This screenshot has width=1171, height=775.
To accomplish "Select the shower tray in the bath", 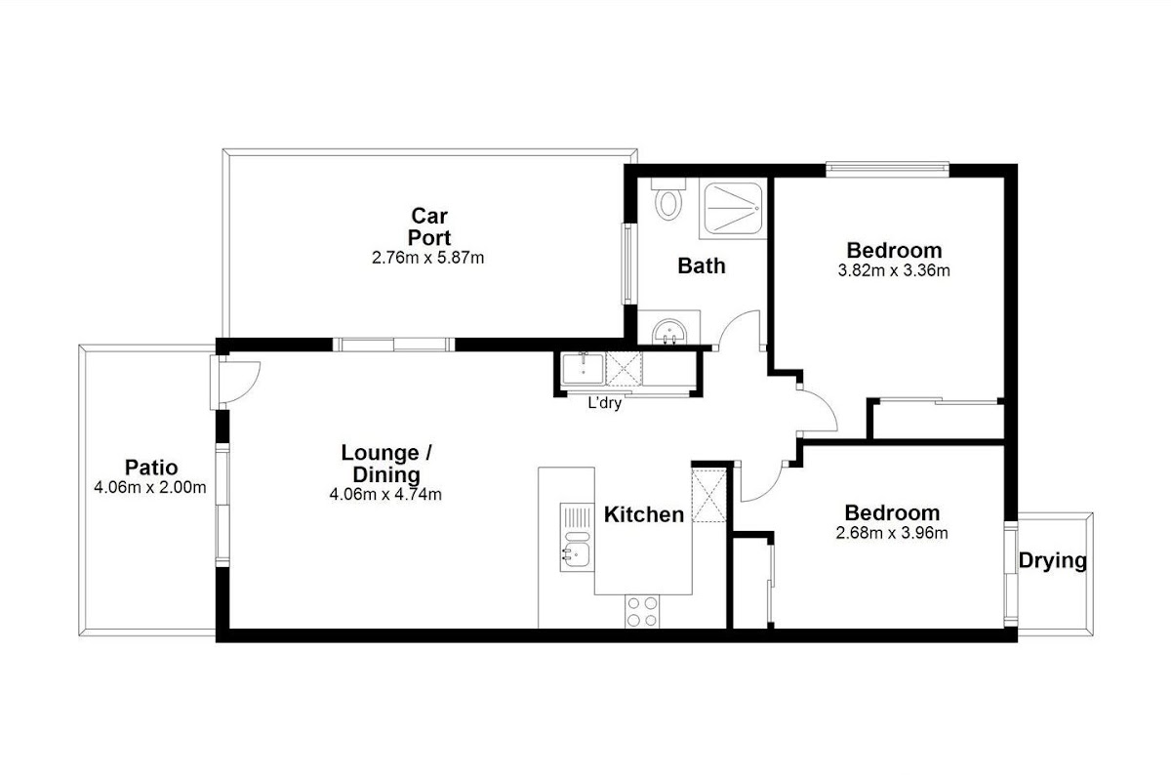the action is tap(733, 208).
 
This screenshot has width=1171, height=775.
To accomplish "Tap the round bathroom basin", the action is tap(669, 332).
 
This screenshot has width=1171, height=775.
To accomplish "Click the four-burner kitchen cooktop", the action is tap(642, 611).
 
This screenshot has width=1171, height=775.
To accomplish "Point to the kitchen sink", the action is tap(577, 537).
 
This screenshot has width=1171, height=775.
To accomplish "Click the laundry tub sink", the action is tap(584, 368).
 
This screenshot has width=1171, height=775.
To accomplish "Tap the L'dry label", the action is tap(605, 403).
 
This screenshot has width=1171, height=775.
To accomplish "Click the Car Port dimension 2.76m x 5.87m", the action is tap(427, 258).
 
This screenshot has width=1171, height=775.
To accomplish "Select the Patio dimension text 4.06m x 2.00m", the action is tap(150, 487).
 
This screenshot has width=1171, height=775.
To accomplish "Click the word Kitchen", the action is tap(644, 514).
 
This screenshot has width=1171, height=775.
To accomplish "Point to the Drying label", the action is tap(1052, 561).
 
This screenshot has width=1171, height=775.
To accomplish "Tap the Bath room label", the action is tap(702, 265).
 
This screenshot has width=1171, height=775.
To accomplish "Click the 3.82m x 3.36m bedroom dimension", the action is tap(894, 271).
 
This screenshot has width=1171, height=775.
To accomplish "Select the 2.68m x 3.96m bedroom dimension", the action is tap(892, 533).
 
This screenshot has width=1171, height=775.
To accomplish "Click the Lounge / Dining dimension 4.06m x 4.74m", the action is tap(385, 494).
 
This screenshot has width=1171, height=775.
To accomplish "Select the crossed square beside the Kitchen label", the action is tap(708, 496).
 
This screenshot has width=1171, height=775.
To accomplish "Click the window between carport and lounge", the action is tap(393, 345).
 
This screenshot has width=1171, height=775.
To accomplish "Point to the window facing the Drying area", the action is tap(1011, 574).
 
